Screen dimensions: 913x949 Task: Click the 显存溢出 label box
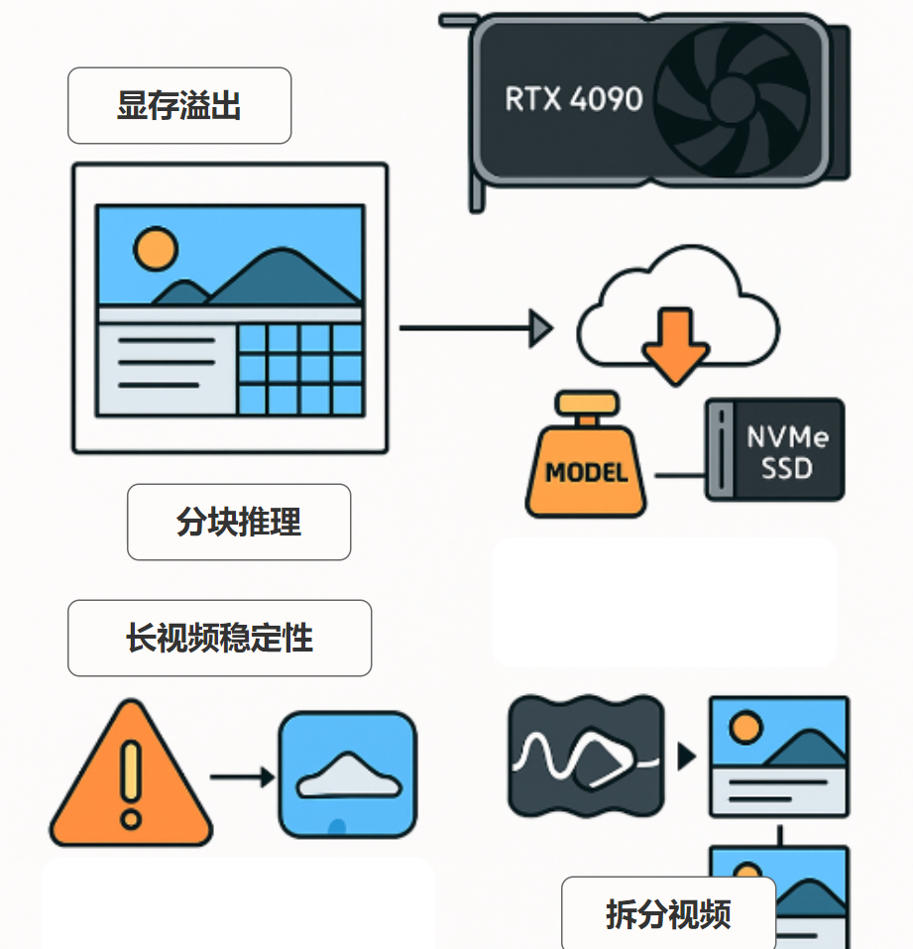click(x=179, y=106)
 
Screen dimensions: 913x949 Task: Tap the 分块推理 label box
click(x=239, y=523)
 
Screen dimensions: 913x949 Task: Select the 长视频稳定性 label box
click(x=219, y=639)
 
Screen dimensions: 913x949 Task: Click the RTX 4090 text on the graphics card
click(x=573, y=99)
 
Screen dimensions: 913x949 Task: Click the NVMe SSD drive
click(x=774, y=450)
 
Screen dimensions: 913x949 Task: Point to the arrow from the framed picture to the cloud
click(x=476, y=327)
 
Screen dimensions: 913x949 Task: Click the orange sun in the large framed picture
click(x=156, y=249)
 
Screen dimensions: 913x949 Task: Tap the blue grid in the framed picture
click(x=299, y=368)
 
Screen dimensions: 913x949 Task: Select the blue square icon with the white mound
click(x=347, y=774)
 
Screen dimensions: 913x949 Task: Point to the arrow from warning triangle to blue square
click(x=242, y=776)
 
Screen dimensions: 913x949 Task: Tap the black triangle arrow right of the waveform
click(x=686, y=757)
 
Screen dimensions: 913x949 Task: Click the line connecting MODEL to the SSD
click(x=678, y=475)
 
